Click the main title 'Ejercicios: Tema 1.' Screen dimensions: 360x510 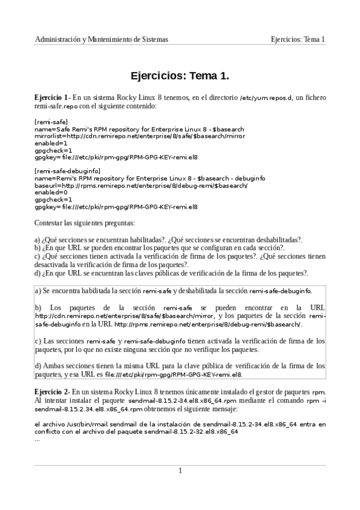click(x=180, y=76)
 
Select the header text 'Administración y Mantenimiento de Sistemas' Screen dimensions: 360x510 click(x=102, y=39)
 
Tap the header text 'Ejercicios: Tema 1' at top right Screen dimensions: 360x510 click(x=297, y=39)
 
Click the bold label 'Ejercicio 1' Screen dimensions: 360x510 click(x=52, y=97)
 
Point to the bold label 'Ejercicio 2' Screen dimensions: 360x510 click(x=52, y=392)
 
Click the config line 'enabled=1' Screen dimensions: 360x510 click(x=51, y=143)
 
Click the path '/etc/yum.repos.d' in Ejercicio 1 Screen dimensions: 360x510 click(x=266, y=97)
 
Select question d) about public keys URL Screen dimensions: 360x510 click(x=172, y=272)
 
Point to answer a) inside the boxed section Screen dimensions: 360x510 click(x=174, y=291)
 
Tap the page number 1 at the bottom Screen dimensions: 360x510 click(x=180, y=470)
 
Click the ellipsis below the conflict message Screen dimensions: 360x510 click(x=37, y=440)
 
